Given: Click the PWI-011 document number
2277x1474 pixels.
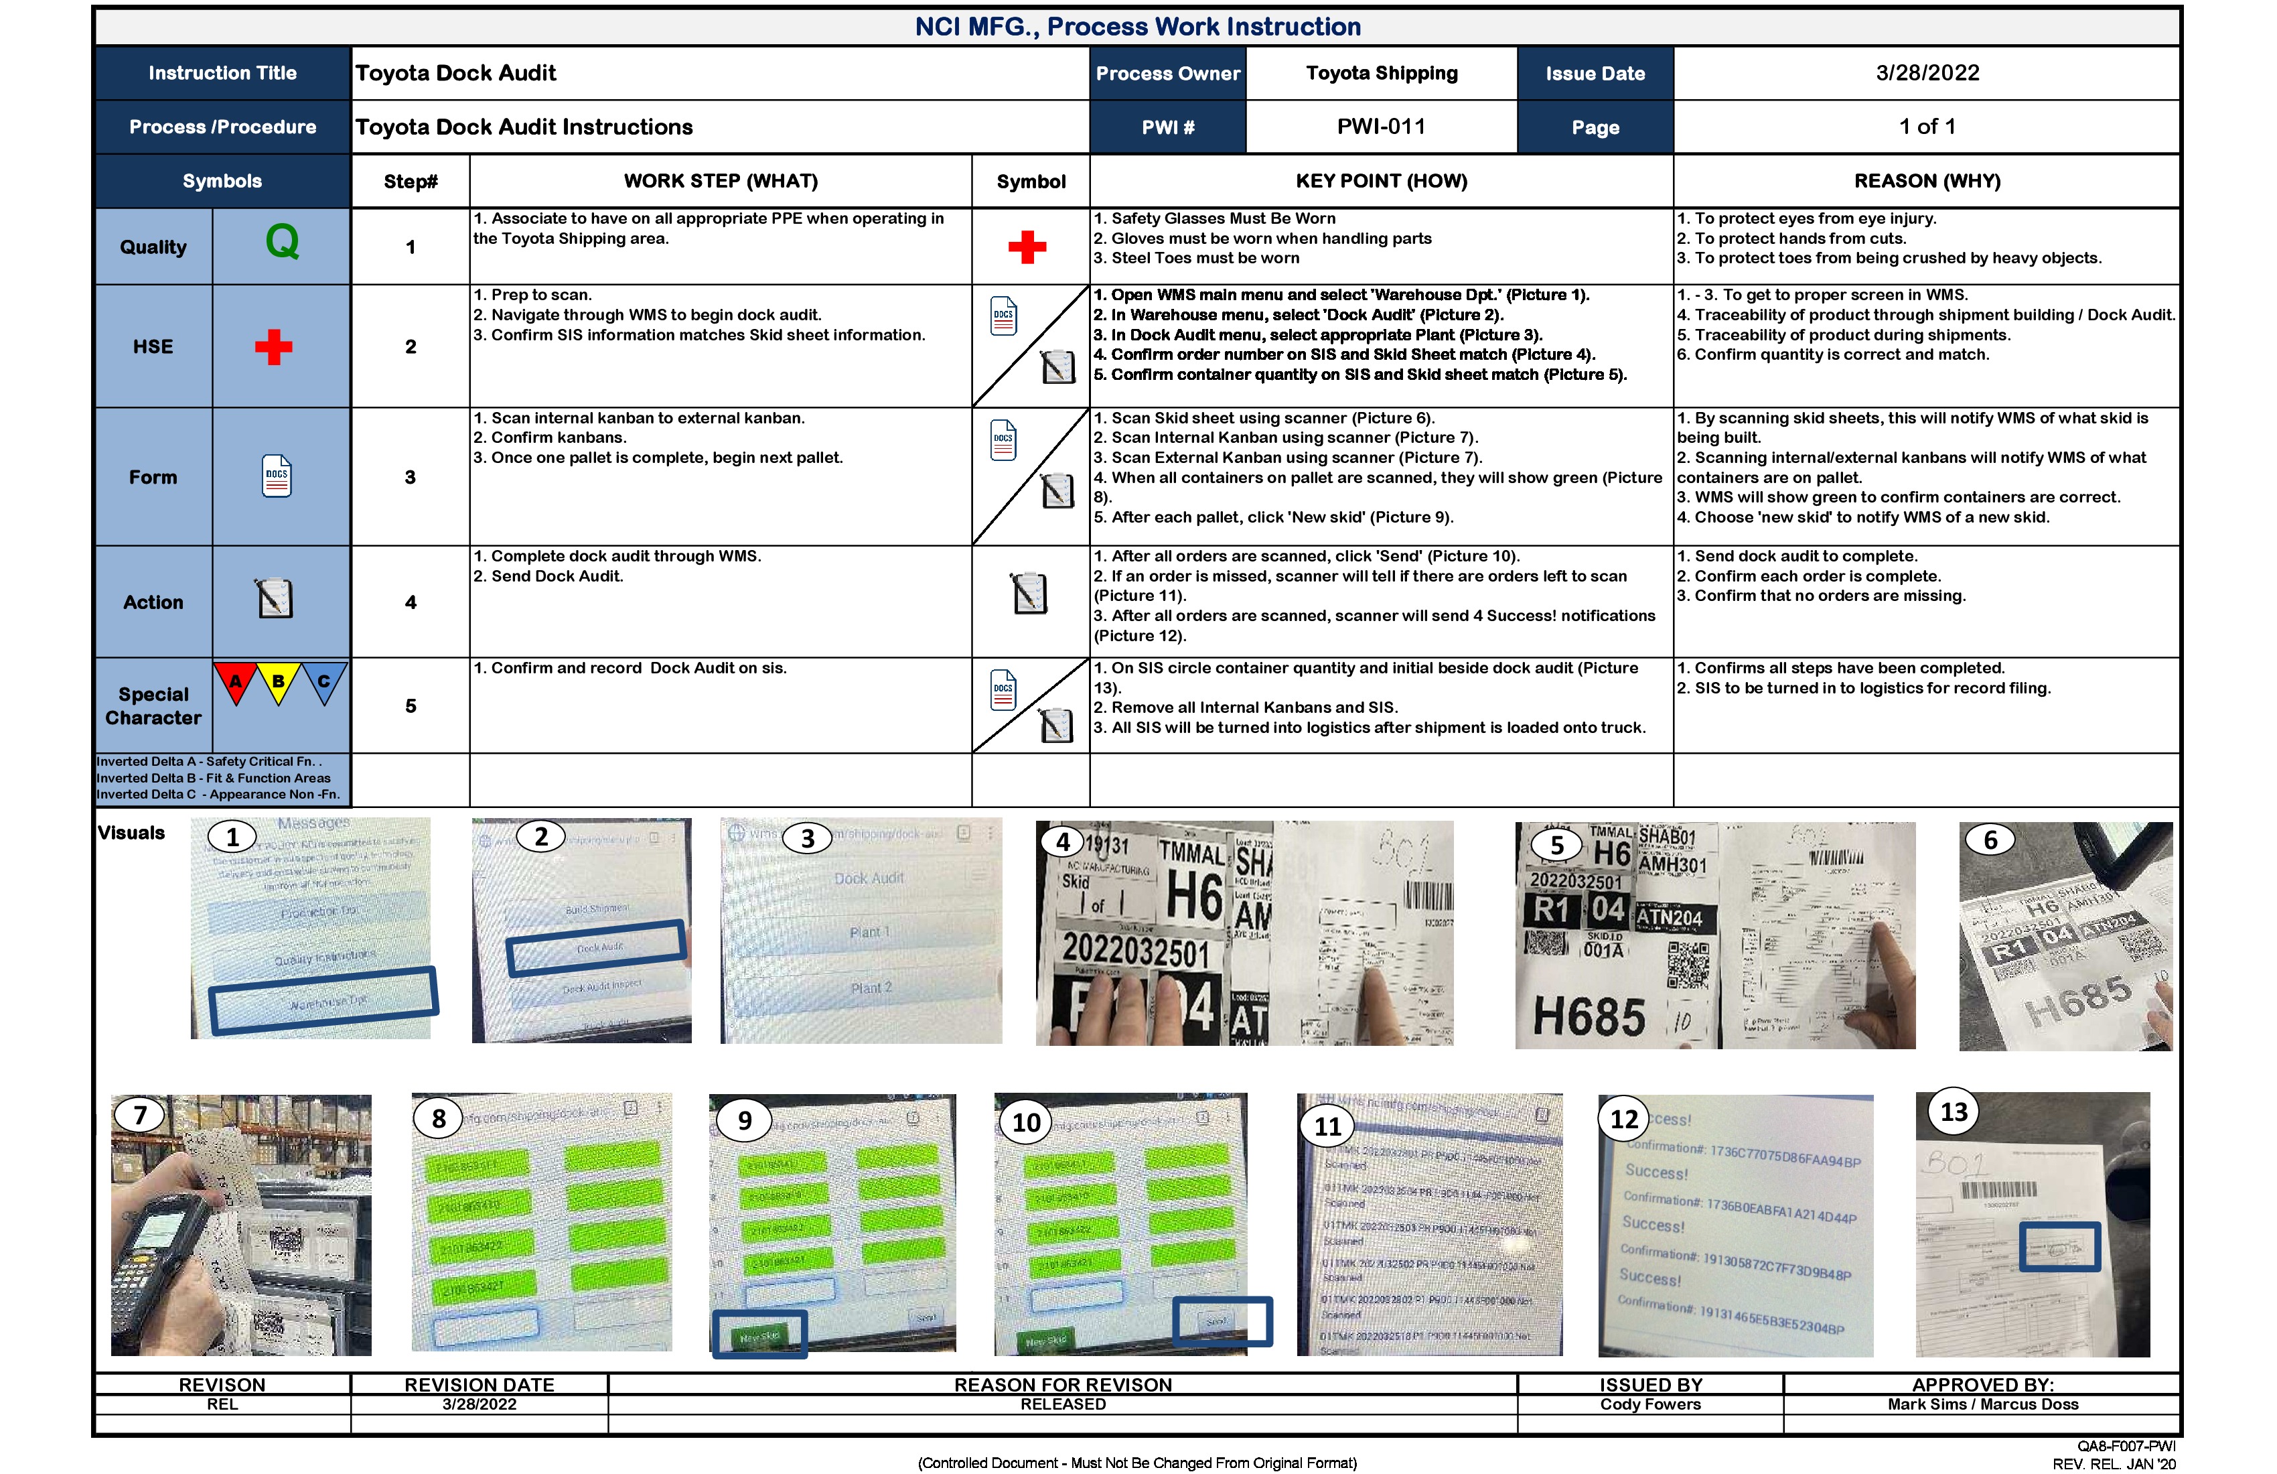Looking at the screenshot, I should [x=1380, y=127].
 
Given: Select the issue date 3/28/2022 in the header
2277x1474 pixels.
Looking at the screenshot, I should [x=1927, y=73].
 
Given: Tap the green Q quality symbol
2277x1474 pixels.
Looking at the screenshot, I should [x=282, y=241].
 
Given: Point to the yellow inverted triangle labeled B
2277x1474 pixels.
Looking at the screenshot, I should [x=279, y=683].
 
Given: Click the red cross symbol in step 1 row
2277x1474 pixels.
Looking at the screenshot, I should [x=1027, y=247].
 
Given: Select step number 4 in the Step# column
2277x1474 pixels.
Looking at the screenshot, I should [x=411, y=602].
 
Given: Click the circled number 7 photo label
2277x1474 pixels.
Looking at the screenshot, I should [x=141, y=1115].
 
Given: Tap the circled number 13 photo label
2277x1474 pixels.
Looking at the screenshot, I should [x=1953, y=1112].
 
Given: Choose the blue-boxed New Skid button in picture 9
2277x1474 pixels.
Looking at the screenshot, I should [x=759, y=1334].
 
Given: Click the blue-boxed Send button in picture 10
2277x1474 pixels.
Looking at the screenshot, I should [x=1222, y=1322].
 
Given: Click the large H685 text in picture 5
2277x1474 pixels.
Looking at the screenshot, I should [x=1589, y=1016].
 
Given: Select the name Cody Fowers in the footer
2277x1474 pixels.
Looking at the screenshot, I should [x=1650, y=1404].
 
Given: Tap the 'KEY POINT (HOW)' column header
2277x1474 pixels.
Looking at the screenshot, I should [x=1380, y=181].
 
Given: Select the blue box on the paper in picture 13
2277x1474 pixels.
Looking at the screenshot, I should [x=2059, y=1247].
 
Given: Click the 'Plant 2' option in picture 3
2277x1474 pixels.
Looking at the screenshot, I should [x=871, y=988].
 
